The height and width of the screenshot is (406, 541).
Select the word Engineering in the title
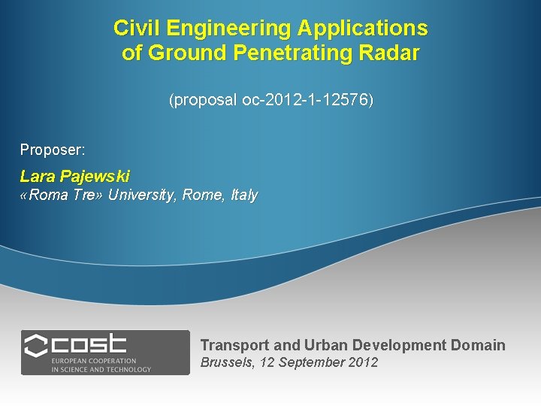coord(228,29)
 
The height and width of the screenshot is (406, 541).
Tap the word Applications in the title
coord(362,29)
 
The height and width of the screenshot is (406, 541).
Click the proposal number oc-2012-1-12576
coord(306,99)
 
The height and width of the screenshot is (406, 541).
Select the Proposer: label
coord(53,150)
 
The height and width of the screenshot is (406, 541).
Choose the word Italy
coord(244,195)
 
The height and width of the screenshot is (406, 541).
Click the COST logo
coord(105,353)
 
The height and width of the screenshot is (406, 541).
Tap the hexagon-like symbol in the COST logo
coord(35,347)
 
